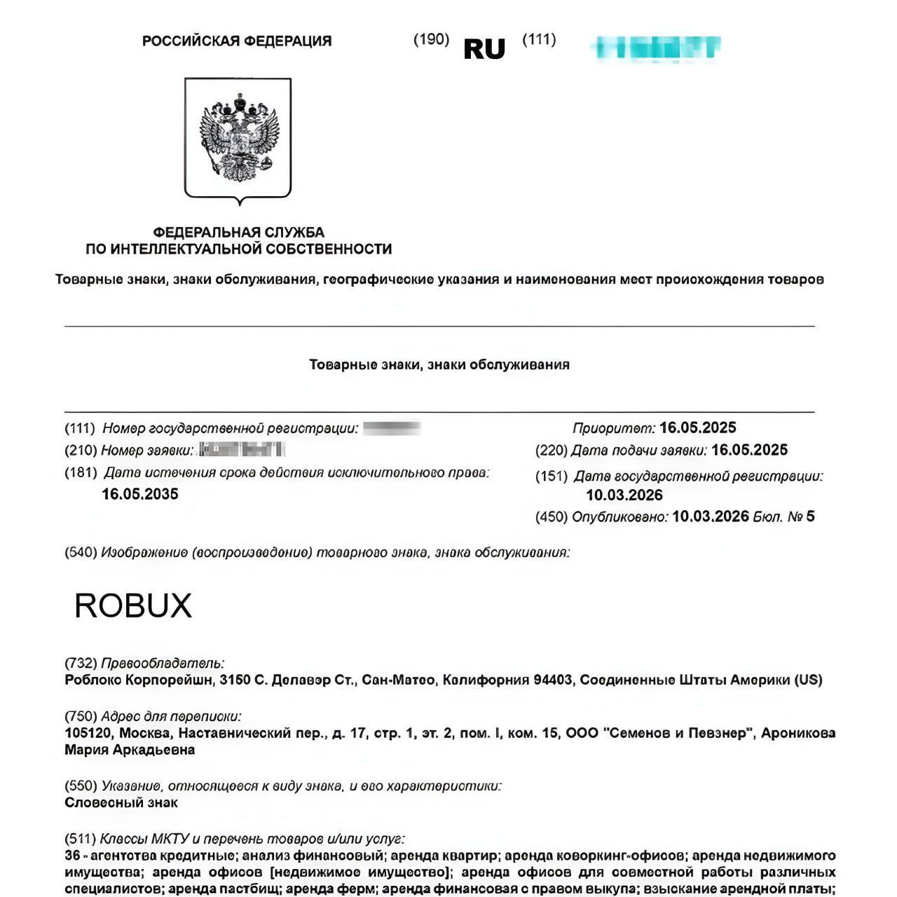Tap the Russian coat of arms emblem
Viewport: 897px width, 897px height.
click(238, 139)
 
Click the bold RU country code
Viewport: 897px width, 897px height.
click(484, 49)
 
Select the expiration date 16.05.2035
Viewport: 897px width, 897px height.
click(140, 494)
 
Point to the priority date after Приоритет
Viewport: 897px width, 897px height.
click(697, 427)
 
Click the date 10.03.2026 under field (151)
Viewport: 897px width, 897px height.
click(624, 495)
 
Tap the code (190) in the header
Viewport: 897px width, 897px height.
click(431, 39)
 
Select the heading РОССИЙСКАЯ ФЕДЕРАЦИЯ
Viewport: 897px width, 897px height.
click(237, 41)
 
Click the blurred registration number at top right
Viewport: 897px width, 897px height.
click(656, 48)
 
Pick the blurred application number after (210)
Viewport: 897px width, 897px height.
click(242, 450)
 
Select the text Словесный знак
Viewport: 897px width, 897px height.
click(121, 802)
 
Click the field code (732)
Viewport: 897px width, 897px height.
click(81, 663)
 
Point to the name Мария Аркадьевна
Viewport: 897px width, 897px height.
click(130, 750)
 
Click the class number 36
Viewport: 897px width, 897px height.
click(72, 856)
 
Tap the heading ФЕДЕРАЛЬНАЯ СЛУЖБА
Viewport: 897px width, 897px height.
click(238, 232)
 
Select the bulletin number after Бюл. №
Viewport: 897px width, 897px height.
click(810, 516)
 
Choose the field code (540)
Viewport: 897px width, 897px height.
click(81, 552)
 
